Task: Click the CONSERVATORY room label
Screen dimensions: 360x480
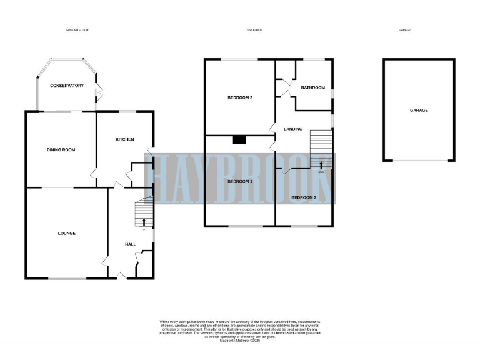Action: (67, 85)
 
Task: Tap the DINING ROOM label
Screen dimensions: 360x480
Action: (61, 150)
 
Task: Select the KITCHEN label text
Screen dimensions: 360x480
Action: (125, 139)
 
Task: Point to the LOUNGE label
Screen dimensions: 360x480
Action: (67, 234)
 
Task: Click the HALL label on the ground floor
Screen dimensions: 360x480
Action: (131, 244)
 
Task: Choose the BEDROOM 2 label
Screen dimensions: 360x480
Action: (239, 98)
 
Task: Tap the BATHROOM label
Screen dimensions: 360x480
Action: (312, 87)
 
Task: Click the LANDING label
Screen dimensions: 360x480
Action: (292, 129)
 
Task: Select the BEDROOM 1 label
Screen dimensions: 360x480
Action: (239, 181)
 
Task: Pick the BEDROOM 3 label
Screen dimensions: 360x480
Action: (304, 197)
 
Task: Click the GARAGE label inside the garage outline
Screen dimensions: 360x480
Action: (418, 110)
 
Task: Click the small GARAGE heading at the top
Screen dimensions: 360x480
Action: (406, 30)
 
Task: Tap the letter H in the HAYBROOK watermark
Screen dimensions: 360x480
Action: (166, 179)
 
